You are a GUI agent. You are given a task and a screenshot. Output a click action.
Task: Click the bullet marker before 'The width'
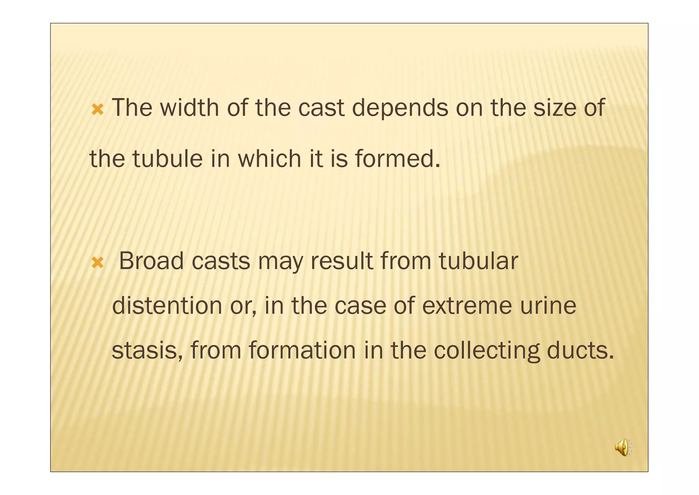click(98, 110)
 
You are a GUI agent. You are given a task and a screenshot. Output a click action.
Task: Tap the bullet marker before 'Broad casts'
click(98, 263)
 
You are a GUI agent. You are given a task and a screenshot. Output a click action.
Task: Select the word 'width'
click(189, 108)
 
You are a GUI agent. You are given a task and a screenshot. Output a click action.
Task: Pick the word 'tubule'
click(168, 159)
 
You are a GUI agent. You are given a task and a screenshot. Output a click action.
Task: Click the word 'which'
click(269, 159)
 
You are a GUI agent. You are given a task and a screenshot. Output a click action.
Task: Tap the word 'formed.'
click(398, 159)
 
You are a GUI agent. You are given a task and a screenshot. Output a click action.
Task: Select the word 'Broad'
click(151, 261)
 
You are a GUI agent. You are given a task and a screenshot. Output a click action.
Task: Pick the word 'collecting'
click(487, 352)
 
